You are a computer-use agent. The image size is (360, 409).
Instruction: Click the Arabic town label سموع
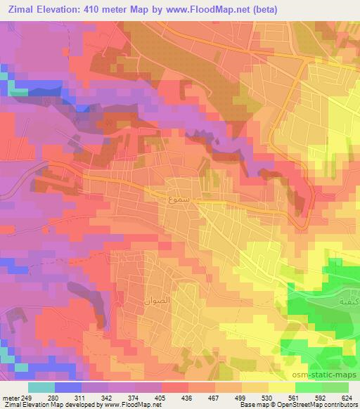coord(178,200)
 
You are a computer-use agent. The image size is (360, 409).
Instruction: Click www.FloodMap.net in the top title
coord(198,10)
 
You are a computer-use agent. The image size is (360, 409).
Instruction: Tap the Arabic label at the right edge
coord(349,300)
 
